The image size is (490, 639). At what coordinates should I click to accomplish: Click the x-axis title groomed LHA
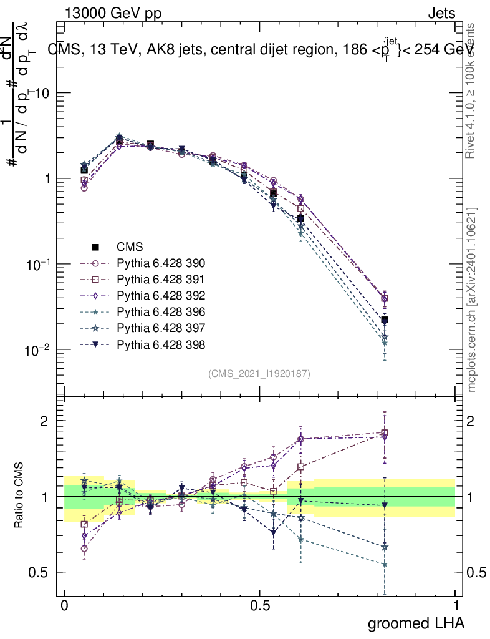click(x=416, y=623)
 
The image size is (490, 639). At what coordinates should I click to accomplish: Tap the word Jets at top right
click(x=441, y=13)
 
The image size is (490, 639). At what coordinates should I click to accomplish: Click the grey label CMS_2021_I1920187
click(x=259, y=374)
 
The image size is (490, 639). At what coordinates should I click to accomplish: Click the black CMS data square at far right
click(x=385, y=320)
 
